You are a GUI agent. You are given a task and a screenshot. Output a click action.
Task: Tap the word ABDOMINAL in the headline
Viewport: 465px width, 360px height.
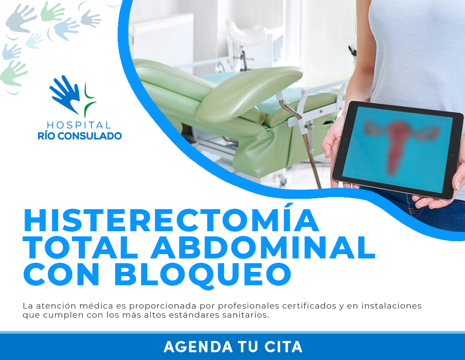(x=263, y=247)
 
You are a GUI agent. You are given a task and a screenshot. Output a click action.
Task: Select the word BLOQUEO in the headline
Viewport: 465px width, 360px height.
(x=202, y=275)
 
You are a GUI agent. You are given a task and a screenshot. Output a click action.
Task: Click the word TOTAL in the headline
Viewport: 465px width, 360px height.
(x=80, y=247)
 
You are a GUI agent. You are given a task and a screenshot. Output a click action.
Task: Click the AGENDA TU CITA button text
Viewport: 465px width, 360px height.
(x=233, y=347)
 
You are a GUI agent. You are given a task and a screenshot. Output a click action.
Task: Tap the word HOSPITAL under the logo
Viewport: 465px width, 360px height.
(x=79, y=125)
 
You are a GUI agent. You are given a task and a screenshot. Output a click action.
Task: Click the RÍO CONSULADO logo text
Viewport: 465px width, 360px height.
(x=80, y=136)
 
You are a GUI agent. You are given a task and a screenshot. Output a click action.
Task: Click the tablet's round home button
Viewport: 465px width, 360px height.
(x=453, y=155)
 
